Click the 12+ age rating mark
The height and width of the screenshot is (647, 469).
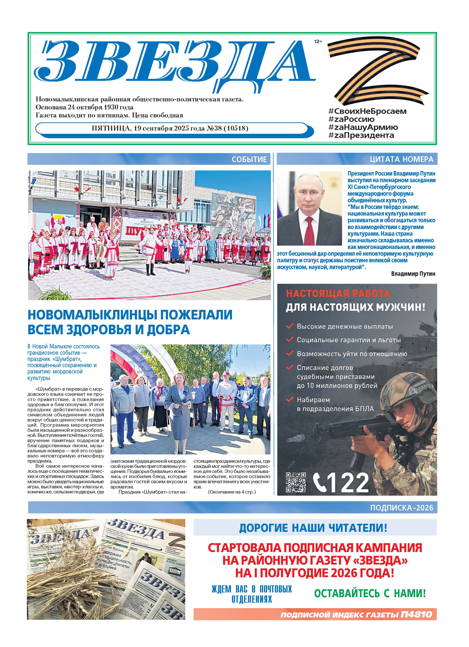318,42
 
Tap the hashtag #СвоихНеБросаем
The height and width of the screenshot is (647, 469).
367,111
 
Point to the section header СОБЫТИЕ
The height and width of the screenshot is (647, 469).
249,159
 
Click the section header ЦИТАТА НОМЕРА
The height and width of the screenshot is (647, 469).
401,159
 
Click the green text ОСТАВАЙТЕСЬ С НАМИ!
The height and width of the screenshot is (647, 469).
370,594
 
